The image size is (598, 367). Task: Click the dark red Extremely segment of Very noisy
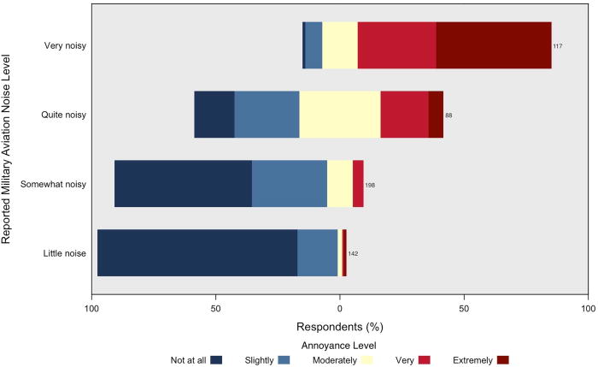pos(494,45)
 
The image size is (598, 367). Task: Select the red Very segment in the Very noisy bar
pos(396,45)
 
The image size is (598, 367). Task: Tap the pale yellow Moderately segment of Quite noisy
pos(340,114)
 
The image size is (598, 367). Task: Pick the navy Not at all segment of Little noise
pos(197,252)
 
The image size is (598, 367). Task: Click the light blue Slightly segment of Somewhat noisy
pos(290,183)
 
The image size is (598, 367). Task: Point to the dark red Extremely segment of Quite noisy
pos(436,114)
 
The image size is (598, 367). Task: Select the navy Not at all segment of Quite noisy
pos(214,114)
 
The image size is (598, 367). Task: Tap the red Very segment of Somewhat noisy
pos(358,183)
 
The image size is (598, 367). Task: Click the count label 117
pos(557,46)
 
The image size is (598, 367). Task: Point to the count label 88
pos(448,115)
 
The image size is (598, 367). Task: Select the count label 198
pos(370,184)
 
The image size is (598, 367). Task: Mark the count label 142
pos(353,253)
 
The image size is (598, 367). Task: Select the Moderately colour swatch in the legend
pos(368,360)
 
